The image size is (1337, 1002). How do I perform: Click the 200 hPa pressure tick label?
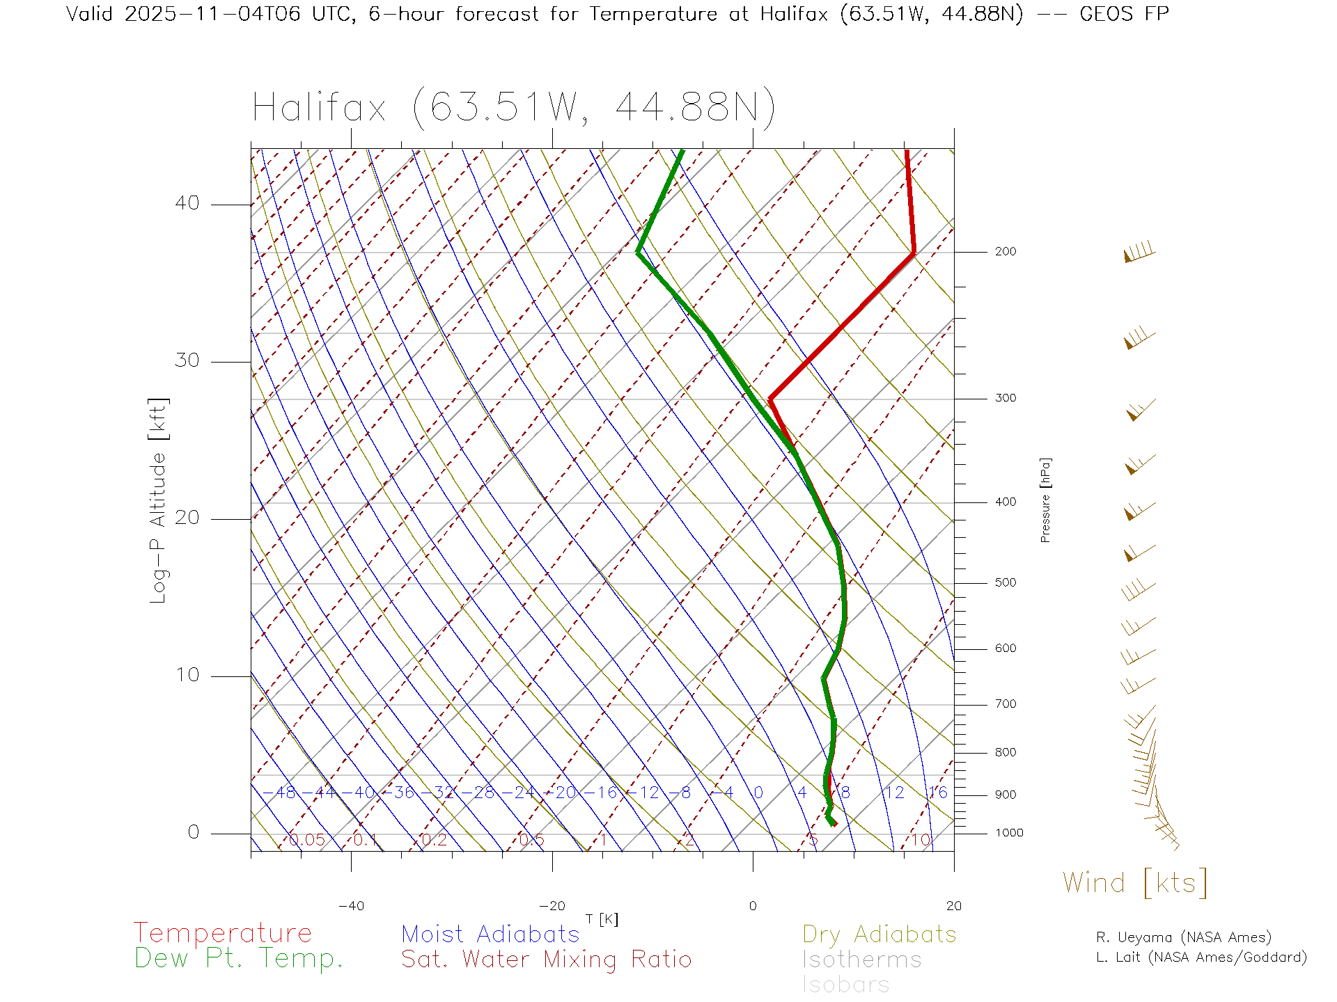point(1005,252)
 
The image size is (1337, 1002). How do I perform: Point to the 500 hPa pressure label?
point(1005,583)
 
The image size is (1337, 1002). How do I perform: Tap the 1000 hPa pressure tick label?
point(1008,834)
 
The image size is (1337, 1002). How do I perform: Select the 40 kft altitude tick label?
point(187,203)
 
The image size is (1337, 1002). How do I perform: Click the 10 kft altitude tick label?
point(187,675)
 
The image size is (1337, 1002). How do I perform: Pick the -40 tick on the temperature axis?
point(351,906)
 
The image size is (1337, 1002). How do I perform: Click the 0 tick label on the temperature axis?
point(752,906)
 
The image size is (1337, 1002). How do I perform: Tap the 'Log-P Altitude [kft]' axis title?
point(159,501)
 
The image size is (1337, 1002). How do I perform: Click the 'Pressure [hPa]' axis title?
point(1045,500)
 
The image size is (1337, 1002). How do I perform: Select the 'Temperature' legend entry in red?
point(223,933)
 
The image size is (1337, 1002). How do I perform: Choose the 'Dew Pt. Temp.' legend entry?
point(239,959)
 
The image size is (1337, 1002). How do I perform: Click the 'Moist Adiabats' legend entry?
point(490,934)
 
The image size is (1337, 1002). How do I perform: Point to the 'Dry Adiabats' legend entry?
point(879,934)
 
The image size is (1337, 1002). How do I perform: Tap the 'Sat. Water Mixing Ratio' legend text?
point(547,960)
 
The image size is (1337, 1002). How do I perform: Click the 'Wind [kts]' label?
point(1135,883)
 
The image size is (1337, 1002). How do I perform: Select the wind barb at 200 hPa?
point(1140,253)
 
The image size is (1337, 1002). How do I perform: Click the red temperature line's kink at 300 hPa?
point(770,399)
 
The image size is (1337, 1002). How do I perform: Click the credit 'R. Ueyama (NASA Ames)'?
point(1184,937)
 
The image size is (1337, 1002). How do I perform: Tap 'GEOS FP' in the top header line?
point(1124,14)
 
